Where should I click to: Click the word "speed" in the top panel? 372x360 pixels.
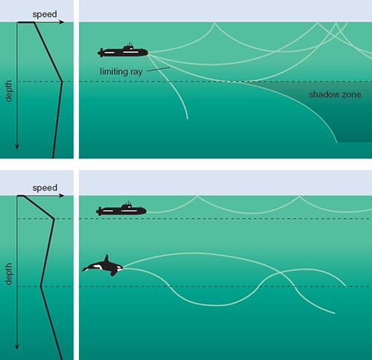(x=45, y=14)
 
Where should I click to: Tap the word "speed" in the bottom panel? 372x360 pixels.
(x=45, y=187)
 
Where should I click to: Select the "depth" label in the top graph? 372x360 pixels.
(x=8, y=91)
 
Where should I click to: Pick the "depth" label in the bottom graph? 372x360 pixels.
(x=8, y=274)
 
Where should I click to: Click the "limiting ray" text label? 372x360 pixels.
(x=121, y=71)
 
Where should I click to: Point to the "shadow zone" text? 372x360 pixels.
(x=335, y=94)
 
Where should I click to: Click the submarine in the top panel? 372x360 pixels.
(x=123, y=51)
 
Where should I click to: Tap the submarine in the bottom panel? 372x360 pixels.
(x=121, y=210)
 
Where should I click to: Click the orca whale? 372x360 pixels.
(x=103, y=266)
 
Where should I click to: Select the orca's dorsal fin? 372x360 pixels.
(x=106, y=259)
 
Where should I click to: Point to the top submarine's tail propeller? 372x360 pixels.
(x=100, y=53)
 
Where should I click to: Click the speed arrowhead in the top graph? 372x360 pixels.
(x=62, y=22)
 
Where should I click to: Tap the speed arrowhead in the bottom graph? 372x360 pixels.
(x=62, y=196)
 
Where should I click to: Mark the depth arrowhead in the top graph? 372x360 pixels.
(x=17, y=147)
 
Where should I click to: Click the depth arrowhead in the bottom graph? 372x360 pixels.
(x=17, y=347)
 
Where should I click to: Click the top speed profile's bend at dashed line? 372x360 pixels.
(x=62, y=81)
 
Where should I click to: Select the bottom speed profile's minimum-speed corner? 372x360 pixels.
(x=41, y=286)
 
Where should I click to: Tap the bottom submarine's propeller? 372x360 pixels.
(x=99, y=211)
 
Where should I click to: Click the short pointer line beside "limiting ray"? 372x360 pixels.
(x=158, y=69)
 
